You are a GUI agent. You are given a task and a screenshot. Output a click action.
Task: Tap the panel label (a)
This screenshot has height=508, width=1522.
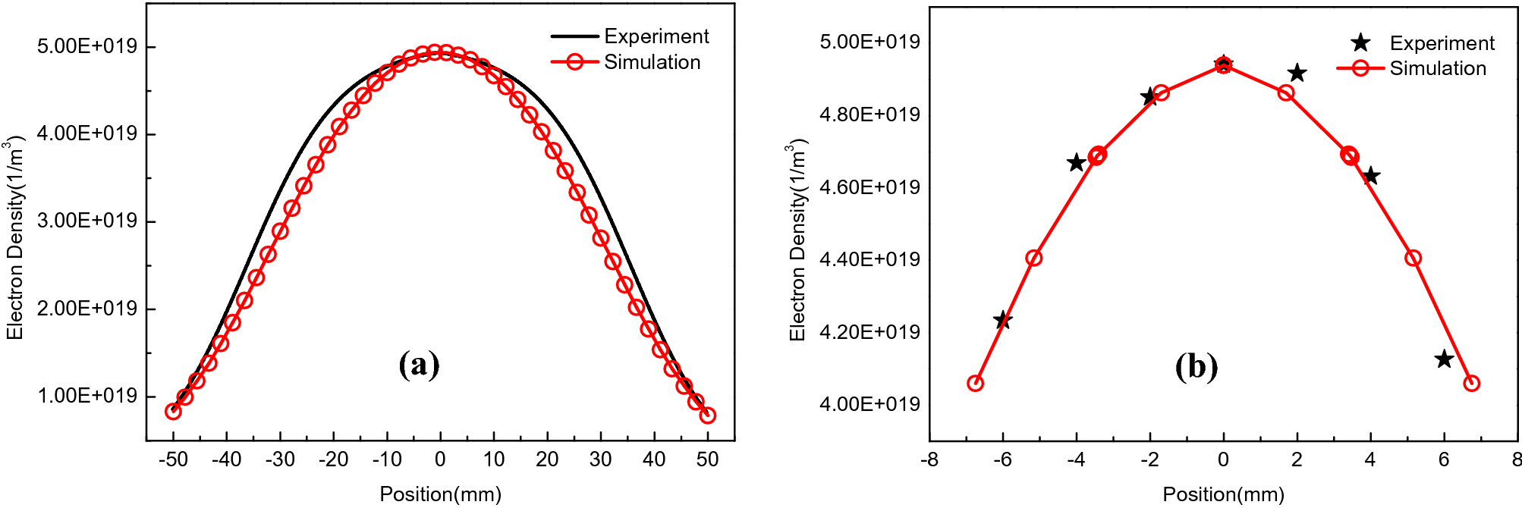pyautogui.click(x=419, y=365)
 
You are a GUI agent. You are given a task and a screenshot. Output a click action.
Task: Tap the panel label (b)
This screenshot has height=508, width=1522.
pyautogui.click(x=1197, y=366)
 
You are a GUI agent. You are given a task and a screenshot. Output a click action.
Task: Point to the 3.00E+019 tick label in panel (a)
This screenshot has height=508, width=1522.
pyautogui.click(x=87, y=221)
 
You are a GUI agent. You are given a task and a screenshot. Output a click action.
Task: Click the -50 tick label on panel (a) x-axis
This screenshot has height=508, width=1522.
pyautogui.click(x=173, y=459)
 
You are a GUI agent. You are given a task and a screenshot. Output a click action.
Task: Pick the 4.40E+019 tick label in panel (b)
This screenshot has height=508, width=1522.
pyautogui.click(x=869, y=259)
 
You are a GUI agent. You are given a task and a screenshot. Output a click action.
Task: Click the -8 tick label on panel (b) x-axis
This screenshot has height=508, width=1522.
pyautogui.click(x=929, y=459)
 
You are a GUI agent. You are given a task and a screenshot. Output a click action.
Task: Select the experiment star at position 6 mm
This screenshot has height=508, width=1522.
pyautogui.click(x=1444, y=359)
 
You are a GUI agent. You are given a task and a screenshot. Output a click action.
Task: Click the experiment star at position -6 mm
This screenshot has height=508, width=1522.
pyautogui.click(x=1002, y=320)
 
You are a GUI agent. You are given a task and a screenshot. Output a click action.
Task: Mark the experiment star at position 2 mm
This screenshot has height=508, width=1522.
pyautogui.click(x=1297, y=73)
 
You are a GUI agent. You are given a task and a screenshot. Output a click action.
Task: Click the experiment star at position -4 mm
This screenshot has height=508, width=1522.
pyautogui.click(x=1076, y=162)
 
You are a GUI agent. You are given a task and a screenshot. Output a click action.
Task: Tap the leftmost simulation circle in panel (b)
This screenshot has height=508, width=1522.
pyautogui.click(x=976, y=384)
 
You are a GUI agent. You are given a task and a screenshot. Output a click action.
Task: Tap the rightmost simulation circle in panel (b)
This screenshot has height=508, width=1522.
pyautogui.click(x=1472, y=384)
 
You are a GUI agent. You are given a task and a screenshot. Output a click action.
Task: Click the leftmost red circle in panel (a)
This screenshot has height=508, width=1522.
pyautogui.click(x=173, y=412)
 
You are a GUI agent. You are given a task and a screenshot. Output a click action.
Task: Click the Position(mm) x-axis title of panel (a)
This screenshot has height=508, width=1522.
pyautogui.click(x=440, y=494)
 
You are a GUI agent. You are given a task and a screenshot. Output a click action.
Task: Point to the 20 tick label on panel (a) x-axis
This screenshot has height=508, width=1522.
pyautogui.click(x=547, y=459)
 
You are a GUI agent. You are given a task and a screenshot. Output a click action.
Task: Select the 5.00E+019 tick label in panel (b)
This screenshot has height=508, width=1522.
pyautogui.click(x=869, y=42)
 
